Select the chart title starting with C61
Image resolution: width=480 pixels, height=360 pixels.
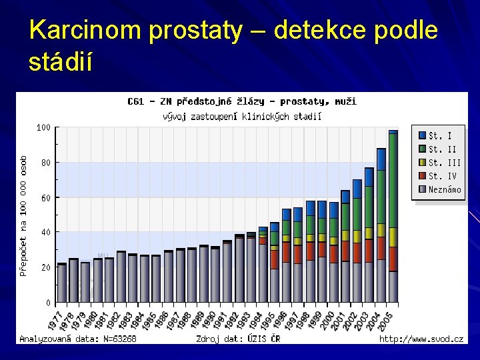click(241, 101)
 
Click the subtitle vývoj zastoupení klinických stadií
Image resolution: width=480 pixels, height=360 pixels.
click(242, 116)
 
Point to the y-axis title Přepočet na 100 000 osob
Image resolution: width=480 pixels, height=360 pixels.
click(23, 216)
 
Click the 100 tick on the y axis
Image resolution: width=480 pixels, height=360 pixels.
click(43, 127)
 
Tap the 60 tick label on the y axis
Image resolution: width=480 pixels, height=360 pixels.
click(45, 197)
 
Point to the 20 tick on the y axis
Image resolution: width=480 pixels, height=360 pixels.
click(45, 267)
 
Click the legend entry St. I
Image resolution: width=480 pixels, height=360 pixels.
click(440, 135)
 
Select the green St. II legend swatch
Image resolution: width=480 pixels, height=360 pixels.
click(422, 149)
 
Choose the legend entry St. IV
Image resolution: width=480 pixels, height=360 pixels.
click(443, 176)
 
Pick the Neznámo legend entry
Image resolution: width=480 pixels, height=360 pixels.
click(444, 189)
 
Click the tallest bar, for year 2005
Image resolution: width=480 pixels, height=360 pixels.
click(393, 213)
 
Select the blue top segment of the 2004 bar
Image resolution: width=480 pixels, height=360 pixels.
click(381, 159)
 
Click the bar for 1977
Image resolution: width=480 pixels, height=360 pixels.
click(62, 283)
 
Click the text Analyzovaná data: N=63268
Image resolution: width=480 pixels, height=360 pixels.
click(78, 339)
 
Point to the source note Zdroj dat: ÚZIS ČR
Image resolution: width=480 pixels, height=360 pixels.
click(238, 339)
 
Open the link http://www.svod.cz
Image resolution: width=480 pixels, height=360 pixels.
click(421, 339)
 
